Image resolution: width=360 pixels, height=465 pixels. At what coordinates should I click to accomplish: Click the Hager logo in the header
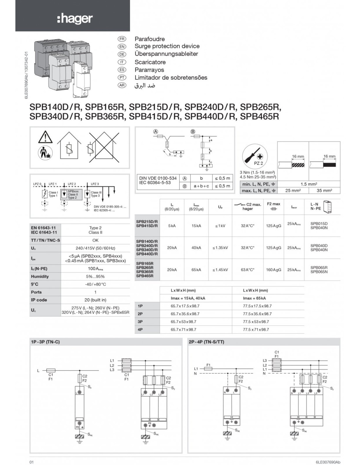[x=75, y=19]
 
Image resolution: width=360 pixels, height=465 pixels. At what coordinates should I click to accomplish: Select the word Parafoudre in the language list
[x=150, y=39]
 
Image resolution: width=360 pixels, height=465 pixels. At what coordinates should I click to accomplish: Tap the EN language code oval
[x=122, y=46]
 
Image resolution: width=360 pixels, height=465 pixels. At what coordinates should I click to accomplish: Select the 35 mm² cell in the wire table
[x=324, y=190]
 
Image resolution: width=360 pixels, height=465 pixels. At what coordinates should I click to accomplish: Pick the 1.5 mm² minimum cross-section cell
[x=308, y=184]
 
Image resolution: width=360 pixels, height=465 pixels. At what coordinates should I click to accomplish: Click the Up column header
[x=220, y=207]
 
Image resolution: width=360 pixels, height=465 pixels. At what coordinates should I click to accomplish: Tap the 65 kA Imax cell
[x=196, y=270]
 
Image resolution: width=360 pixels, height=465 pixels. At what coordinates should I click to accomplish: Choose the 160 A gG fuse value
[x=273, y=270]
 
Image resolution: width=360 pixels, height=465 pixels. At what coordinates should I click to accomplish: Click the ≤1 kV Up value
[x=220, y=226]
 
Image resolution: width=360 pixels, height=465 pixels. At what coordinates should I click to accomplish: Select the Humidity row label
[x=40, y=276]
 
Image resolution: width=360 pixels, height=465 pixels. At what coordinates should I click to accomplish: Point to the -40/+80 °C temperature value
[x=95, y=284]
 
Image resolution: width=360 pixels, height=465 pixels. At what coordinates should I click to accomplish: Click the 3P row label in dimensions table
[x=140, y=322]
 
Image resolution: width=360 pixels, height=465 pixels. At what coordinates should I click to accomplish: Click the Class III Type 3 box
[x=96, y=194]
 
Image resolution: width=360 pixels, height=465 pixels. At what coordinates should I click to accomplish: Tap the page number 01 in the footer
[x=32, y=462]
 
